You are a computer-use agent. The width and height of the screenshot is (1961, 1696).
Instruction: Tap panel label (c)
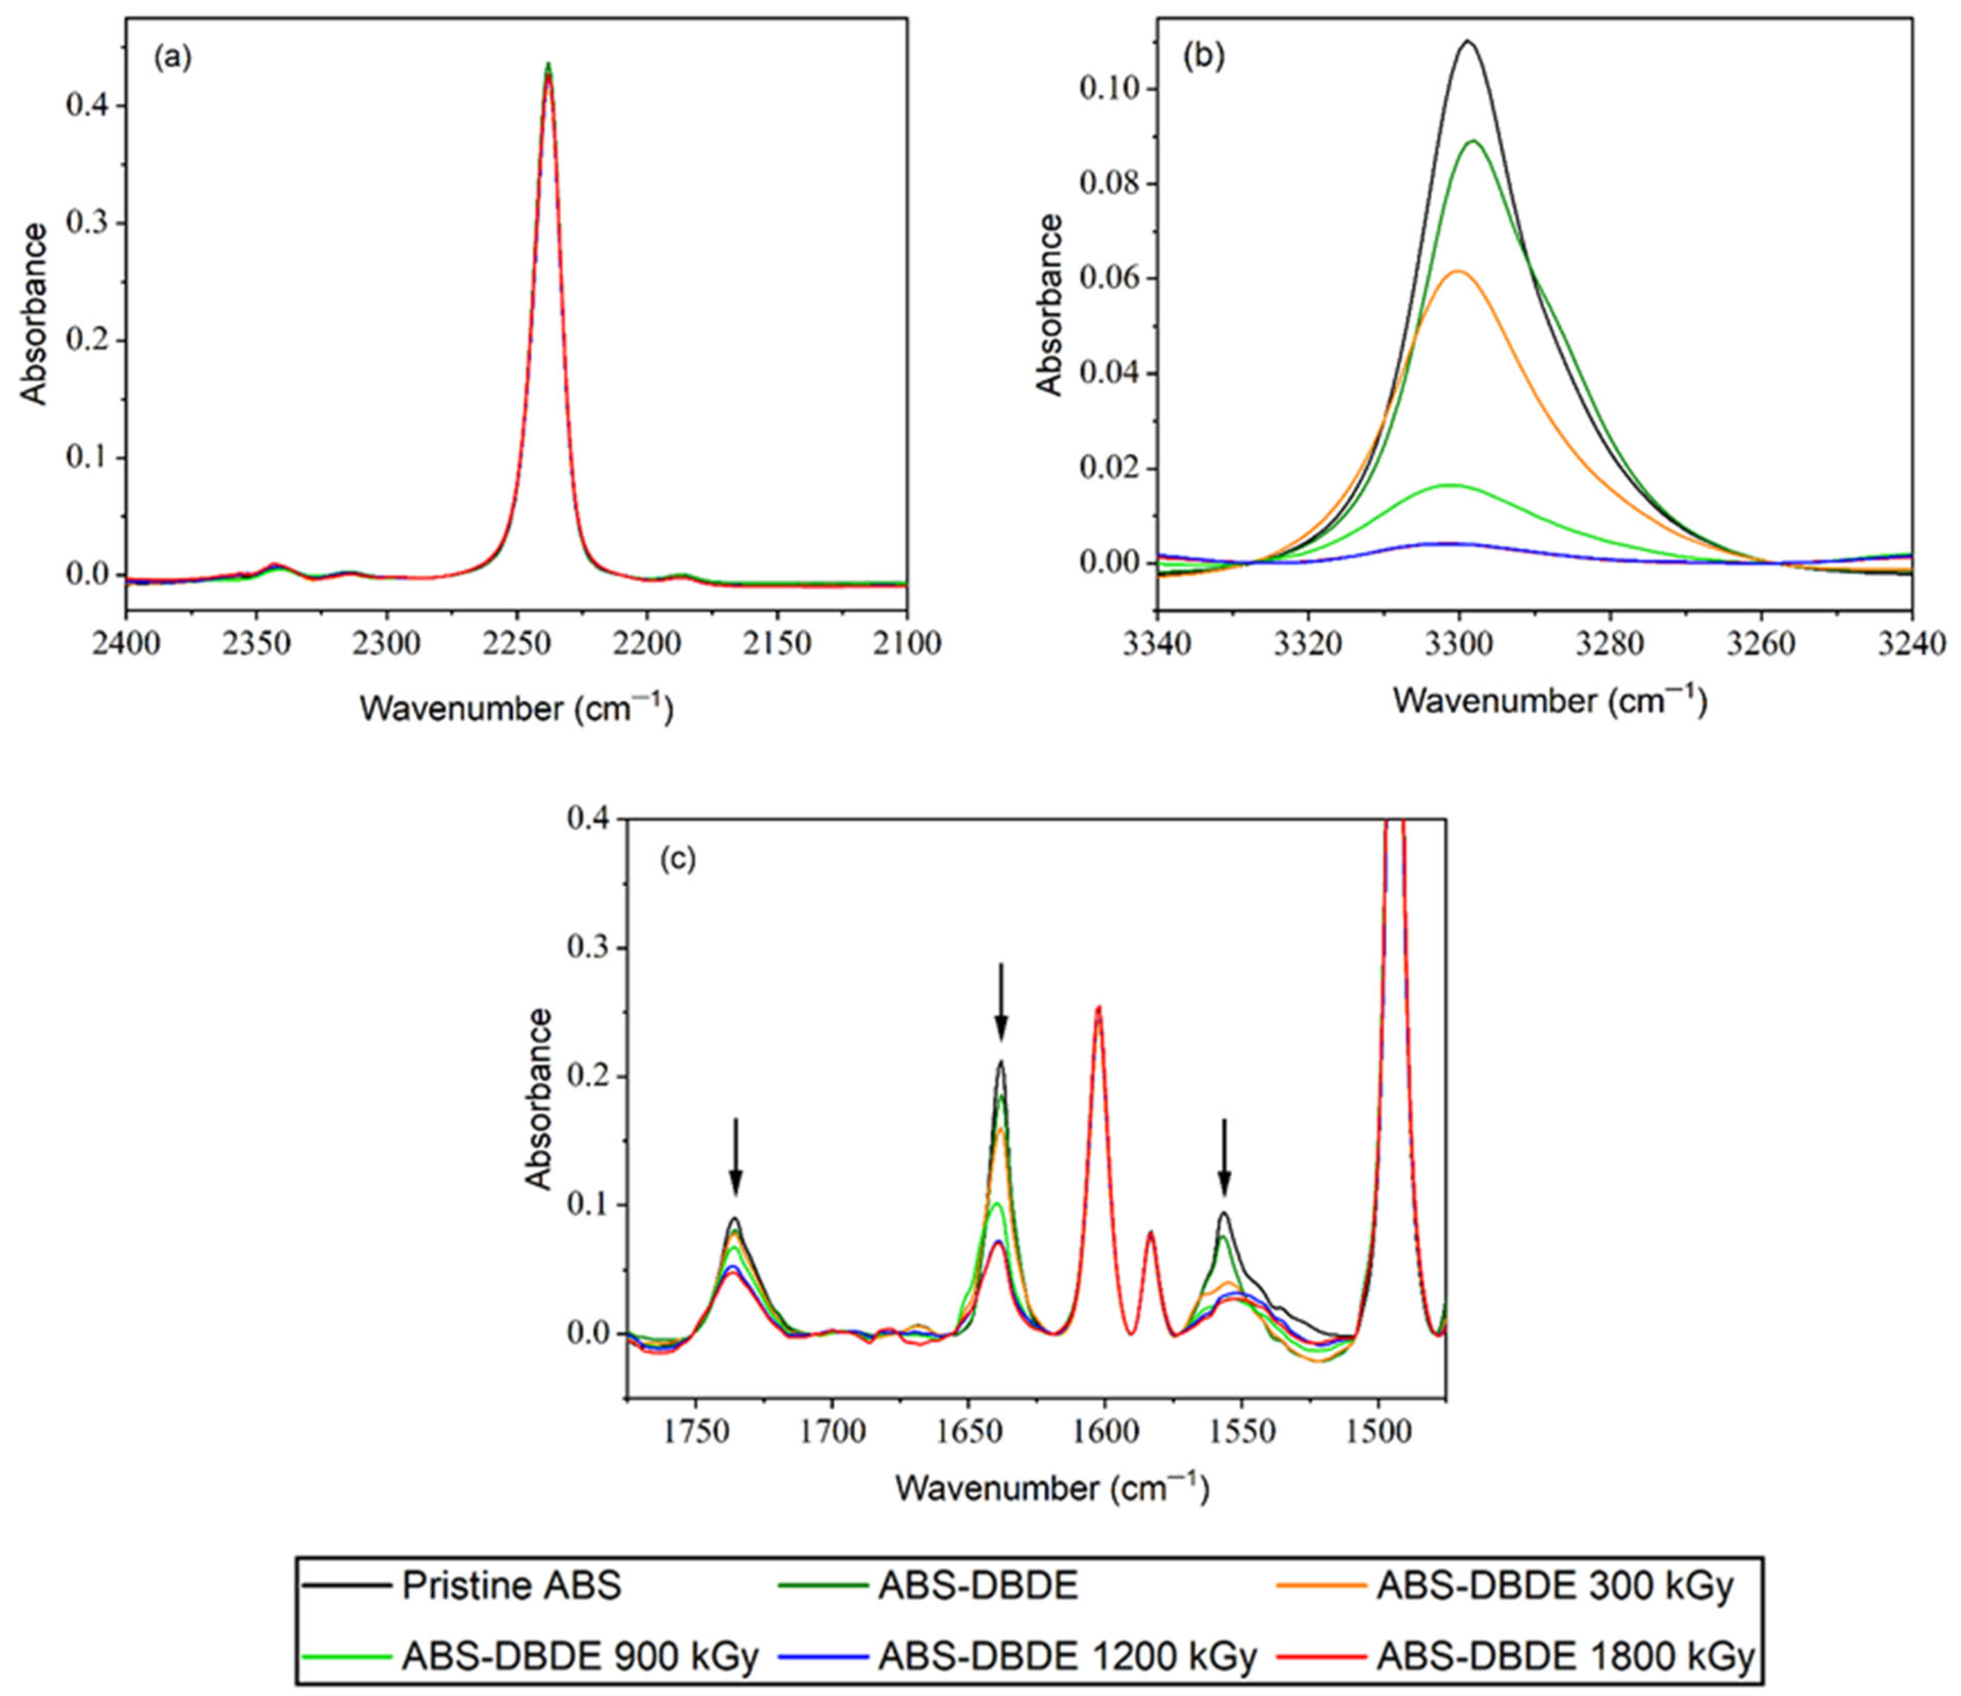point(677,859)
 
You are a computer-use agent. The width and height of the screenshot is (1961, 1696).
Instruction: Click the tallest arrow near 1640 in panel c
point(1001,1001)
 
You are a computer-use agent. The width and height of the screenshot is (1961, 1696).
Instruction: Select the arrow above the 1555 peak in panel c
point(1225,1157)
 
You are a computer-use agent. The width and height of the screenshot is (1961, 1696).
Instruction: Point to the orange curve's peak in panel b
point(1457,272)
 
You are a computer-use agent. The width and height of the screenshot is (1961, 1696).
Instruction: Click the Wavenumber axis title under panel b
point(1550,701)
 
